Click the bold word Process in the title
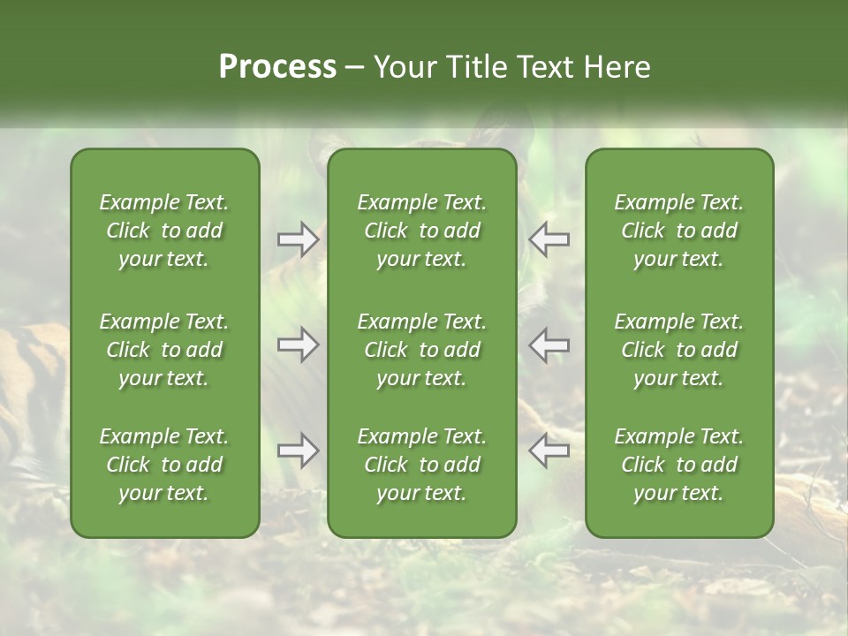277,67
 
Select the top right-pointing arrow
298,239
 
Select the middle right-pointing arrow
298,344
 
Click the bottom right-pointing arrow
298,450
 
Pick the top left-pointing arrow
549,239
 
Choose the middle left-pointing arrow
549,344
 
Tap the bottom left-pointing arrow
549,450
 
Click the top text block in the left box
164,231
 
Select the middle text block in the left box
164,350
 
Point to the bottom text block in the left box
164,465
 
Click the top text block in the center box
421,231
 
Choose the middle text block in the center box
421,350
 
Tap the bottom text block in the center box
421,465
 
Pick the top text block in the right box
679,231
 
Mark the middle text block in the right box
679,350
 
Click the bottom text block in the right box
679,465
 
